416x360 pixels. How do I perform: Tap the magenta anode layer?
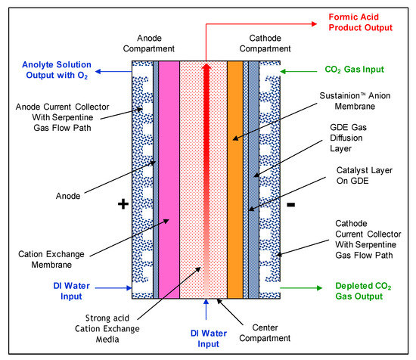169,182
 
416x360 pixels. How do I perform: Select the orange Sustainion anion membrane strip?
235,182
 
